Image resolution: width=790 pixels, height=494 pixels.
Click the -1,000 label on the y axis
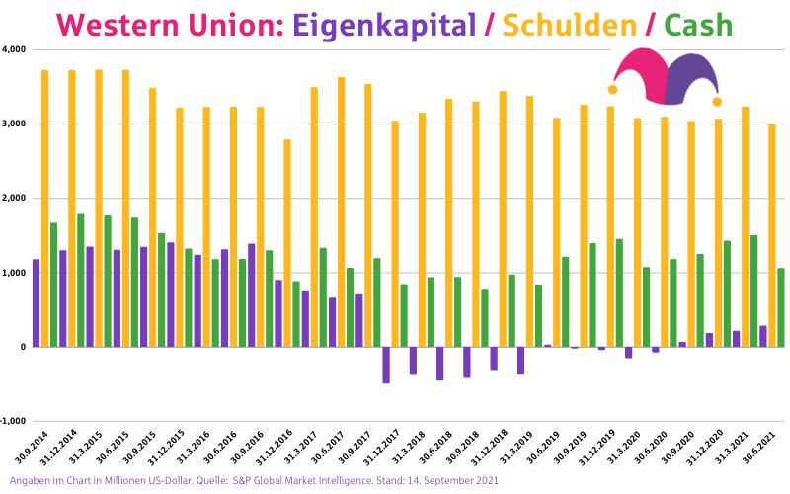[13, 421]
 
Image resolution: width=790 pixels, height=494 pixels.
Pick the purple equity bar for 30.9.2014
[37, 302]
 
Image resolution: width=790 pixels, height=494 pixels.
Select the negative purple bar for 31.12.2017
[386, 365]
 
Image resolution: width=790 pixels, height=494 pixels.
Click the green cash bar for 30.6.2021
[781, 307]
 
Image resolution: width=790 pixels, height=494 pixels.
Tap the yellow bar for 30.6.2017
[341, 211]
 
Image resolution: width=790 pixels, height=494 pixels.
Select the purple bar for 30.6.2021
[763, 336]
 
